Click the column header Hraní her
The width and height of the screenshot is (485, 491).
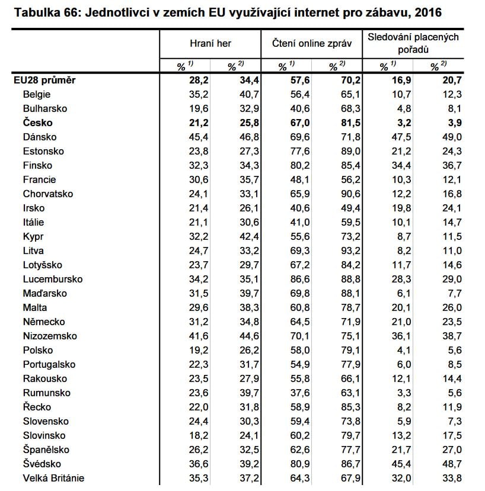[210, 44]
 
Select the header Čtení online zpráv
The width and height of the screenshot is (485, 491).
[311, 44]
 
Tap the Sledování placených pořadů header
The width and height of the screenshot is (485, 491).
[413, 43]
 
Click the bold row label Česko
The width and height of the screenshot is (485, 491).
[37, 123]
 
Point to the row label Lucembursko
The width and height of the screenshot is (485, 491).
[52, 279]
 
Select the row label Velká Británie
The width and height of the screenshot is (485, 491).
[53, 478]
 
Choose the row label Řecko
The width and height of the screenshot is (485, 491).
[37, 407]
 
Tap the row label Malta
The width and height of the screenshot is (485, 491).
[35, 307]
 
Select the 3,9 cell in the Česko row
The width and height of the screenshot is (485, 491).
[454, 123]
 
